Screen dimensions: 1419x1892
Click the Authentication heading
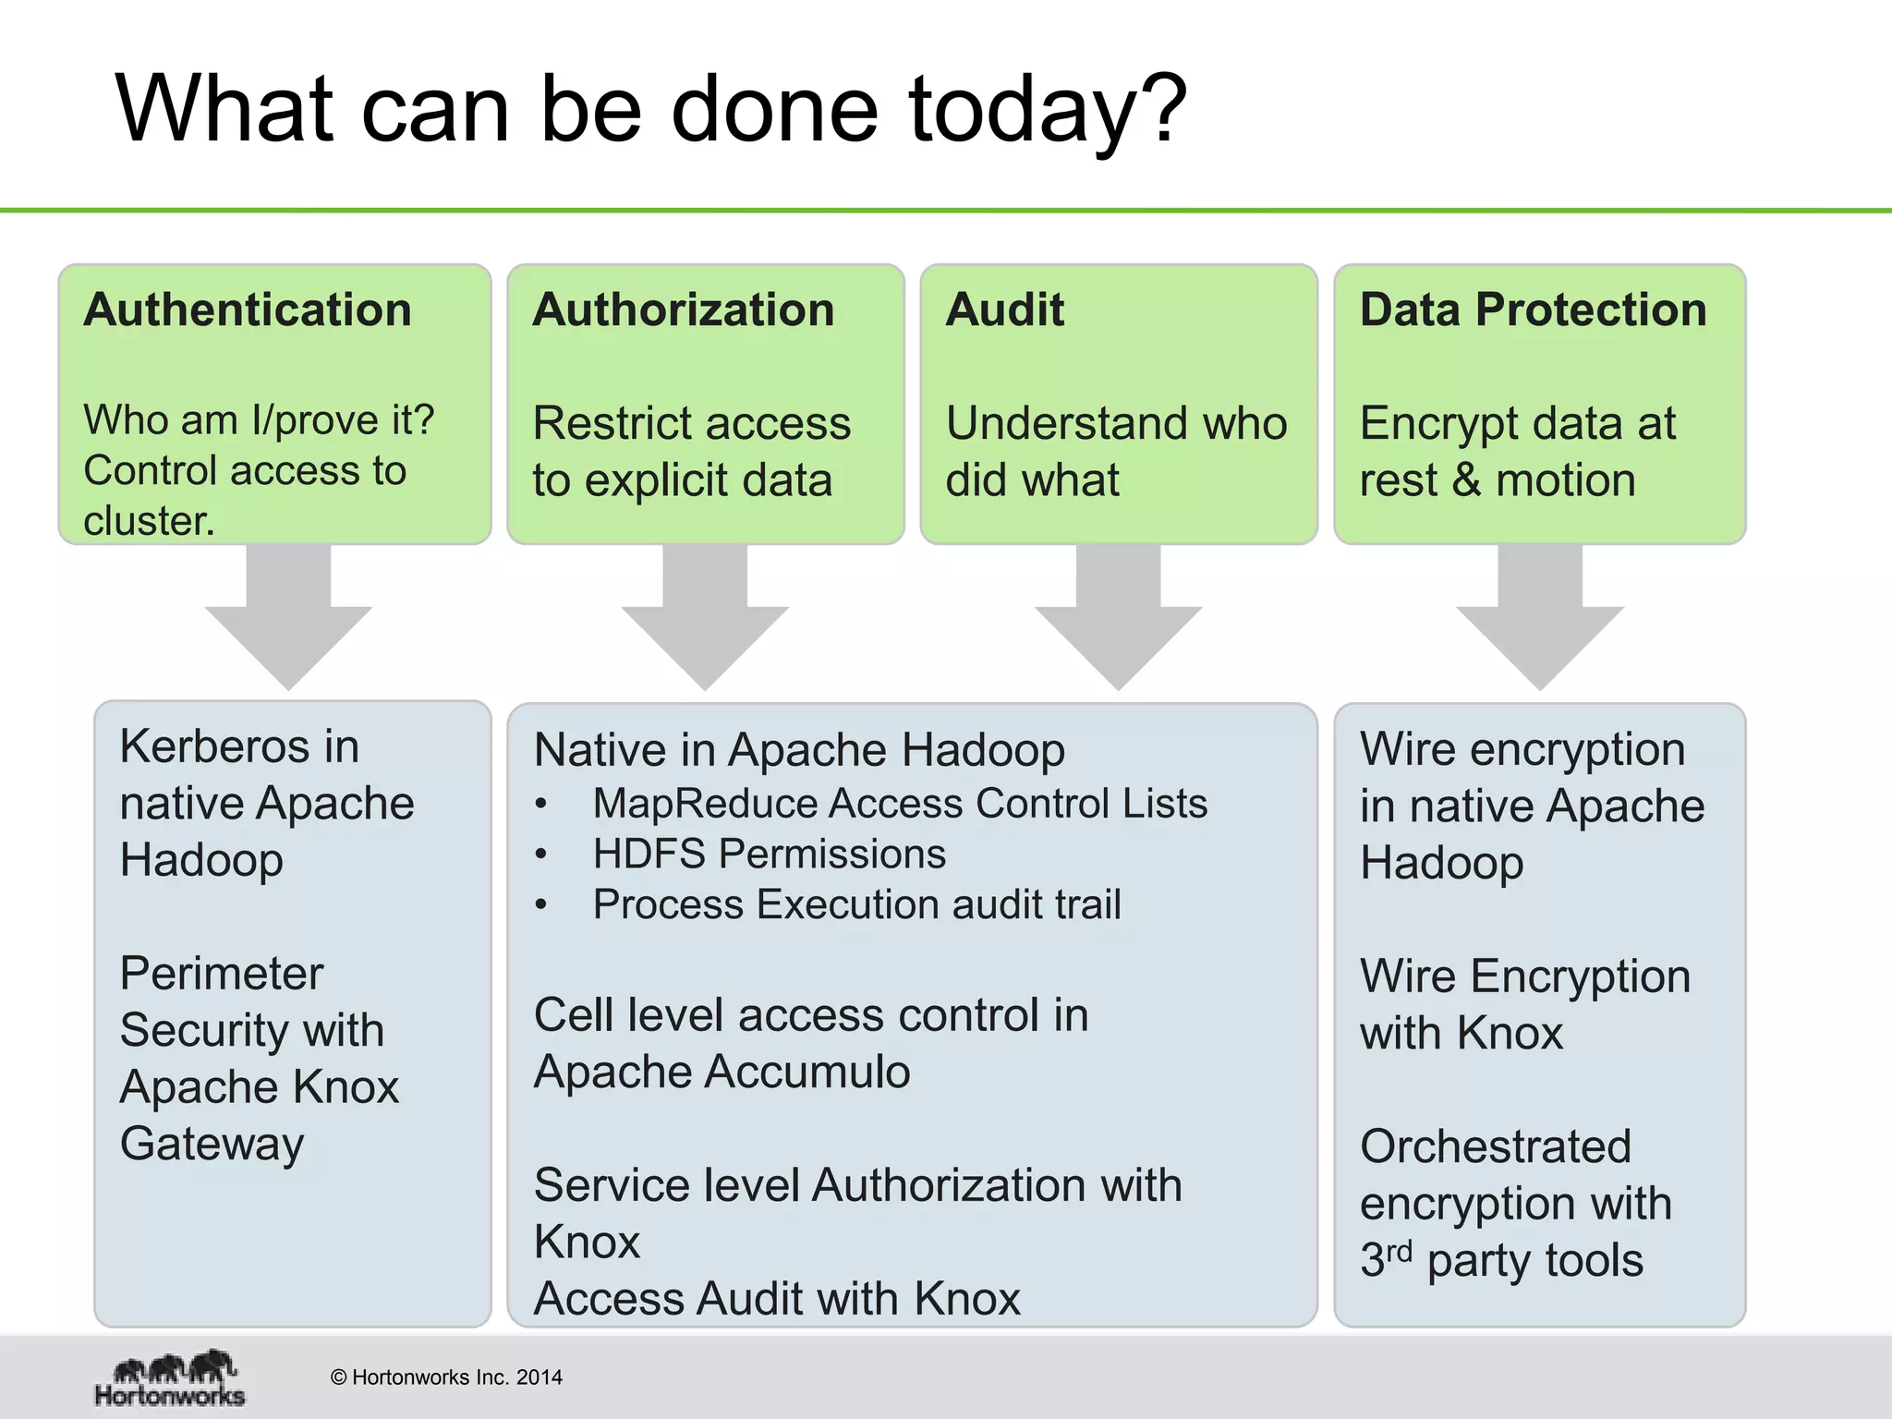(x=248, y=309)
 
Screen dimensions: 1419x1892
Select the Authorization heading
(x=683, y=309)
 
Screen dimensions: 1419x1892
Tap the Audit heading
(x=1004, y=309)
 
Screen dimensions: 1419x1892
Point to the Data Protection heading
(x=1533, y=309)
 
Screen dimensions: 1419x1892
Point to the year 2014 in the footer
(x=540, y=1377)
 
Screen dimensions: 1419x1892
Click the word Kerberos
(x=216, y=746)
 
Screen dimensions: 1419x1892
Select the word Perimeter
(x=222, y=974)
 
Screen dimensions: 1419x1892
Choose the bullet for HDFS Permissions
(x=542, y=855)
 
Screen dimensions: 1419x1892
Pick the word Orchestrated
(x=1496, y=1147)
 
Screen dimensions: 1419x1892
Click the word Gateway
(x=212, y=1145)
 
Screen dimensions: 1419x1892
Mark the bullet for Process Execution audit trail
(x=542, y=905)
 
